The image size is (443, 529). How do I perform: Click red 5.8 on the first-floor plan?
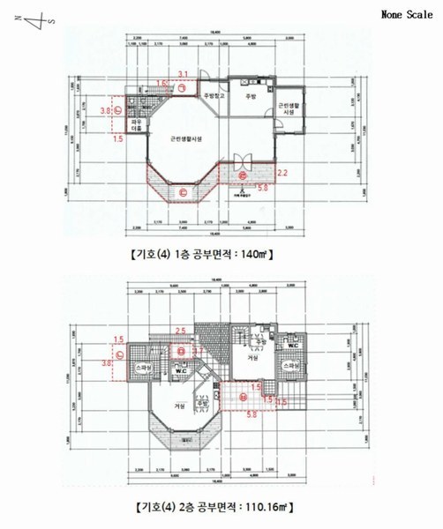pos(262,187)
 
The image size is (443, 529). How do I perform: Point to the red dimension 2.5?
pos(180,330)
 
